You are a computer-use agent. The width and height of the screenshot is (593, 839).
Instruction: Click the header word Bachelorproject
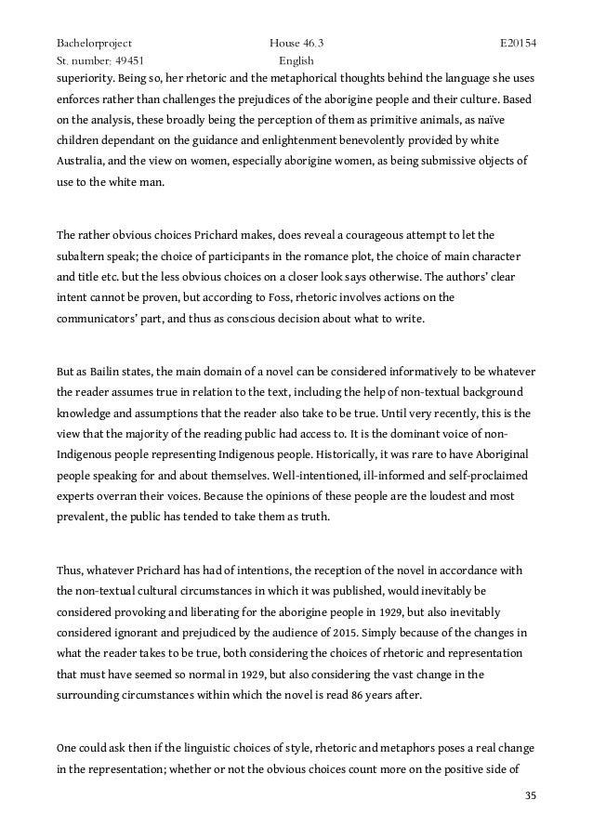94,43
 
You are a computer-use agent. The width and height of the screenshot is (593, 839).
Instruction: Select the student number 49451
124,60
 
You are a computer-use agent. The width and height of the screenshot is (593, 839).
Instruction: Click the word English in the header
298,60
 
